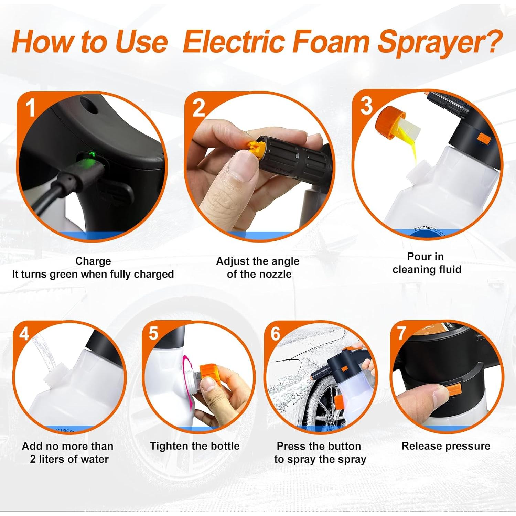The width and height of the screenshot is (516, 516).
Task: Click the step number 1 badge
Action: [31, 108]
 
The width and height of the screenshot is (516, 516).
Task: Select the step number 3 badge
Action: [366, 106]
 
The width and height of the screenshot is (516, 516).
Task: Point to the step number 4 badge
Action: [24, 334]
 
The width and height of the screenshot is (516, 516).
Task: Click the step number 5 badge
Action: [153, 333]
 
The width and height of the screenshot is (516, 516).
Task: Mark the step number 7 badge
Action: [401, 333]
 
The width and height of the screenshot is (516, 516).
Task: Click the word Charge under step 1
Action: [93, 261]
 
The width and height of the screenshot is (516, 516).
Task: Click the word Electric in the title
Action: [234, 42]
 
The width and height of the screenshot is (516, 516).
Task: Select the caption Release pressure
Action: [446, 446]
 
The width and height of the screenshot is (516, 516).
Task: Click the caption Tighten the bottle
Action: [195, 446]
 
